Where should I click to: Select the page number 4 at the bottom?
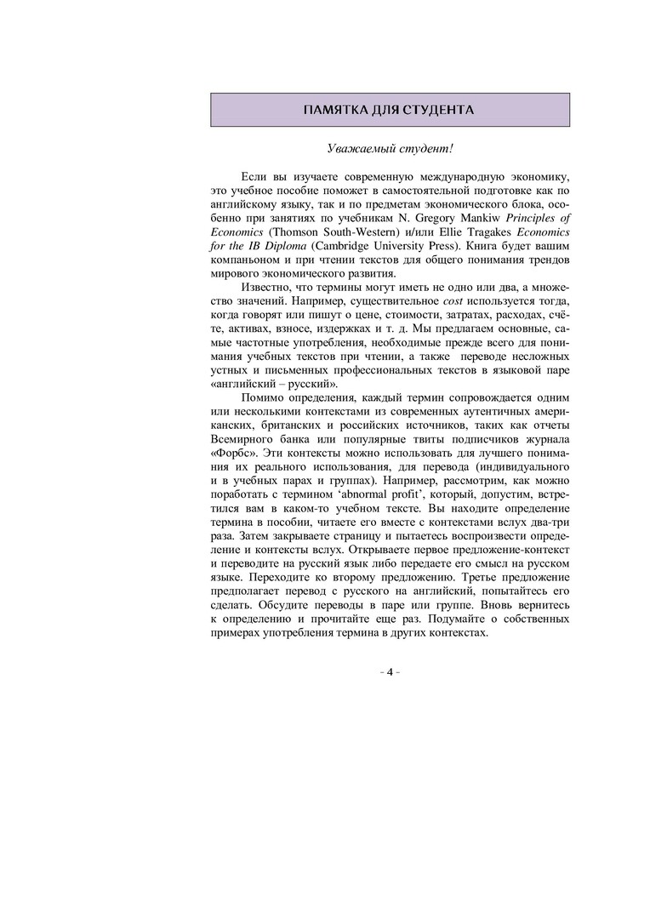point(390,672)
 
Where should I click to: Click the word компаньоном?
point(245,260)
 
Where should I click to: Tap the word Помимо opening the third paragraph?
point(267,398)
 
